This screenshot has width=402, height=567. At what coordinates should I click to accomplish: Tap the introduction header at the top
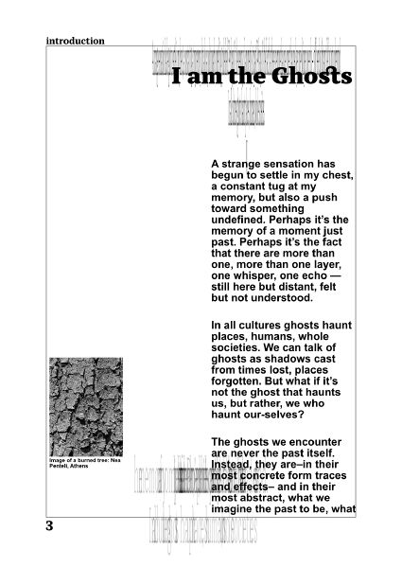[x=75, y=41]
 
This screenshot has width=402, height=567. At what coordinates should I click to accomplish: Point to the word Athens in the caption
[x=79, y=467]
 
